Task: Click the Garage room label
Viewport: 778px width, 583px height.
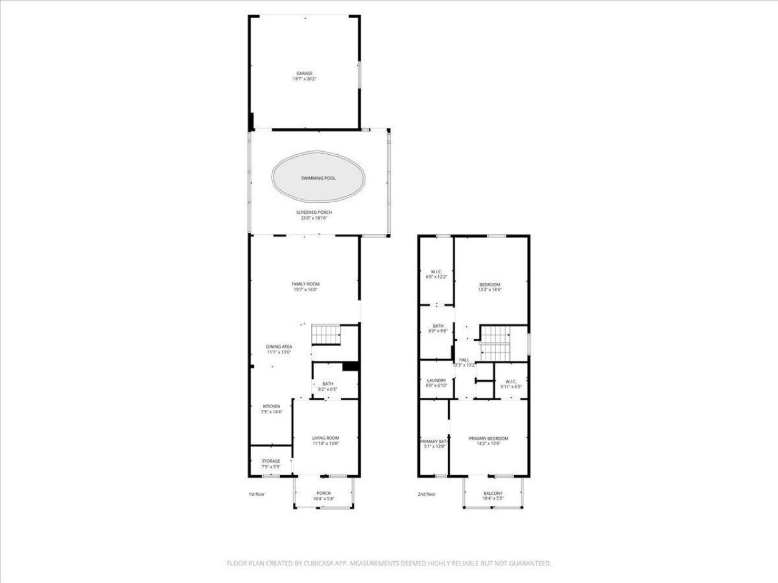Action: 305,73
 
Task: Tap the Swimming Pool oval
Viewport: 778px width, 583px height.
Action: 318,179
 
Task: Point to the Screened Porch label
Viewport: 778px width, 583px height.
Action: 314,213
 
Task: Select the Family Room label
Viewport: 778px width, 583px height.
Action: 305,284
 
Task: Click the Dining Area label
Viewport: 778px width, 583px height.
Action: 279,347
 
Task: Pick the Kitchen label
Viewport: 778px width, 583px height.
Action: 271,406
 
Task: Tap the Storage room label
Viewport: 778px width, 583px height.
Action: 271,462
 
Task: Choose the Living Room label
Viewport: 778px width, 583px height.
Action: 325,438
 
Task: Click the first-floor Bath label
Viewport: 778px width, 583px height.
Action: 328,384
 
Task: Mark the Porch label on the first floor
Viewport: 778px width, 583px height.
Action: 323,493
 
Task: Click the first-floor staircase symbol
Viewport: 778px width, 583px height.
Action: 326,335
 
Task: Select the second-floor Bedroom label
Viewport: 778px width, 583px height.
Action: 489,285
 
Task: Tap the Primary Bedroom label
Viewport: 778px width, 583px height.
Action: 488,438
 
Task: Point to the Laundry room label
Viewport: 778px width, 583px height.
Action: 436,381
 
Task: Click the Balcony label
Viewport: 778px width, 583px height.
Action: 493,494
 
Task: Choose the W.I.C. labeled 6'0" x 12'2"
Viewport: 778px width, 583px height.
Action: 436,271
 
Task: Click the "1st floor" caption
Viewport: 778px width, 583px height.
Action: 256,494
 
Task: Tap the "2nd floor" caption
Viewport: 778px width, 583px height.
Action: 427,494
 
